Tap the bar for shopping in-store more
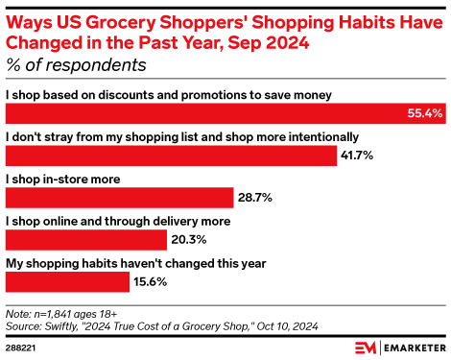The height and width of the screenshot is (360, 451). (120, 197)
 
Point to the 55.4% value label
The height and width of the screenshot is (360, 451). (424, 114)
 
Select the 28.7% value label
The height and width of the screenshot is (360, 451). (255, 197)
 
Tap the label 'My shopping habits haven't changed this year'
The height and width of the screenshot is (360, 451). (135, 262)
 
